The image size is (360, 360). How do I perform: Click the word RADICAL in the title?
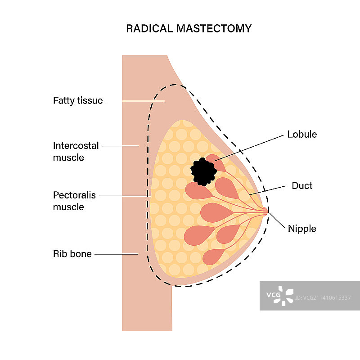[x=149, y=28]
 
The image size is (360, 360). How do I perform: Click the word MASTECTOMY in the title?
[x=214, y=28]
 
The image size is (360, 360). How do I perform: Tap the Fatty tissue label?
[x=78, y=100]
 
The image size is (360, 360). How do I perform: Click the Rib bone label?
[x=72, y=254]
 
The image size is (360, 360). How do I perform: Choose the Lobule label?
[x=301, y=134]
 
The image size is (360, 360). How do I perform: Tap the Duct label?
[x=302, y=185]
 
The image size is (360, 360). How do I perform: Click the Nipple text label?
[x=302, y=229]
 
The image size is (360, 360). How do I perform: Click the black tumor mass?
[x=203, y=171]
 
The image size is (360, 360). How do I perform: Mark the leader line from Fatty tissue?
[x=135, y=101]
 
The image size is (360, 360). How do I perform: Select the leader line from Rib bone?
[x=116, y=254]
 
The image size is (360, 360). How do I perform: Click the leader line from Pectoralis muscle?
[x=124, y=196]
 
